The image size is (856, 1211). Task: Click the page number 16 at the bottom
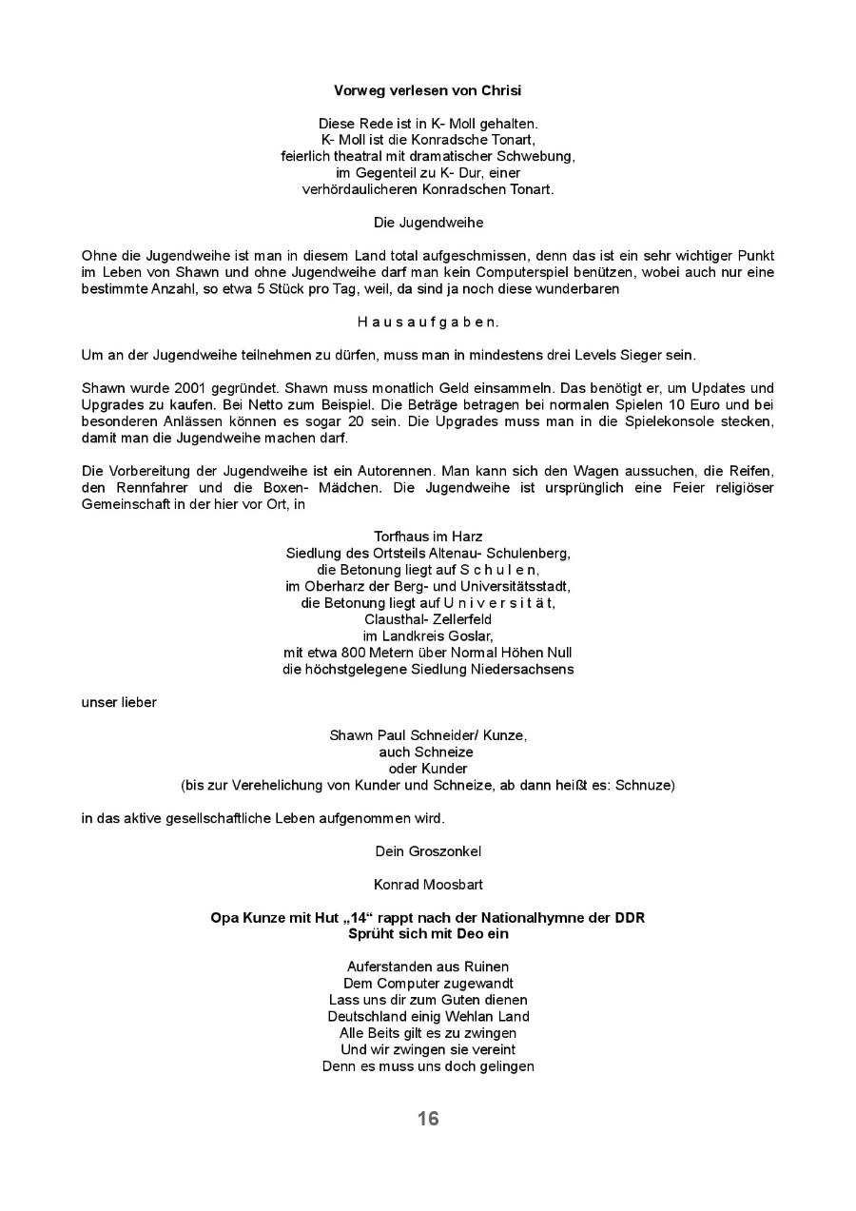click(427, 1119)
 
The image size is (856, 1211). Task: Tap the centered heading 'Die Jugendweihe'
click(427, 223)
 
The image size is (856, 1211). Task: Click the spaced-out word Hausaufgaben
click(427, 322)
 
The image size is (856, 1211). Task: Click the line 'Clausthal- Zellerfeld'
click(427, 619)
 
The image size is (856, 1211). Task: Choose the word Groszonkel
click(447, 851)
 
